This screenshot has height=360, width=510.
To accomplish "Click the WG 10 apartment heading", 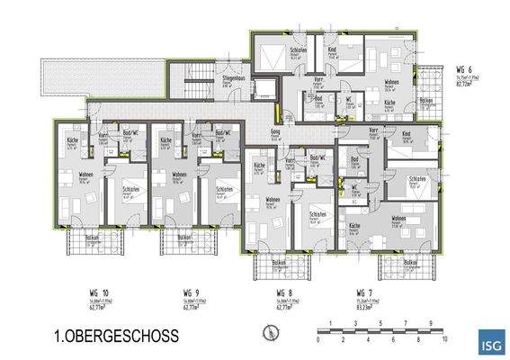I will pyautogui.click(x=80, y=292).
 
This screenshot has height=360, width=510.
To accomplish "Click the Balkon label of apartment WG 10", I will pyautogui.click(x=91, y=238).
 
